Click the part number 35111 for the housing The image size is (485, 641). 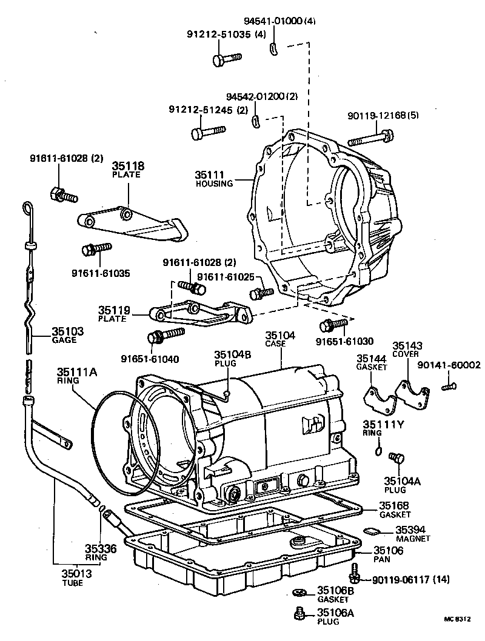(209, 174)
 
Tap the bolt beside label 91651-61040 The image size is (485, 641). (166, 334)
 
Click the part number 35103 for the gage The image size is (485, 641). (67, 331)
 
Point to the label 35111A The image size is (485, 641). (77, 372)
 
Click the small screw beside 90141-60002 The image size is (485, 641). (449, 385)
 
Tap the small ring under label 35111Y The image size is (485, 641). (378, 450)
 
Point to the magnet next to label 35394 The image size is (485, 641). (370, 531)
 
